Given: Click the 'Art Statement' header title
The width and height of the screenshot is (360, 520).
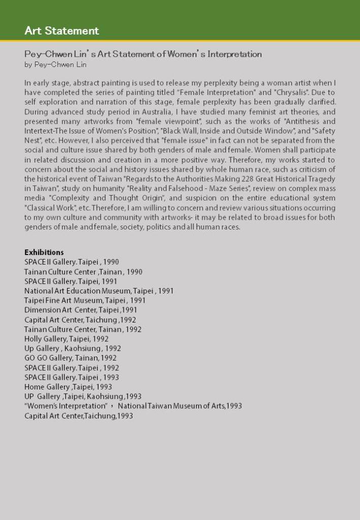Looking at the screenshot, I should tap(61, 30).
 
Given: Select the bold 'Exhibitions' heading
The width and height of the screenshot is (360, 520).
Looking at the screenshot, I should tap(44, 252).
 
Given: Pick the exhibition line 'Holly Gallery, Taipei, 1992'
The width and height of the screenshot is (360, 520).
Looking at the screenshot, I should tap(67, 339).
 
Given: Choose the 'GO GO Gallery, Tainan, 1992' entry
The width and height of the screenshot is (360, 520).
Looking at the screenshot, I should tap(71, 358).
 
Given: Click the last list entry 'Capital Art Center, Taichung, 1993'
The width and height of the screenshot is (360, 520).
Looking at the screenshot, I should tap(79, 415).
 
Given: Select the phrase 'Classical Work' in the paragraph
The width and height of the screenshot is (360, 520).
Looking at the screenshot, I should tap(48, 208).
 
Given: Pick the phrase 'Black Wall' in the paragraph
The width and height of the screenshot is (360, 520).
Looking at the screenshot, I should tap(179, 131).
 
